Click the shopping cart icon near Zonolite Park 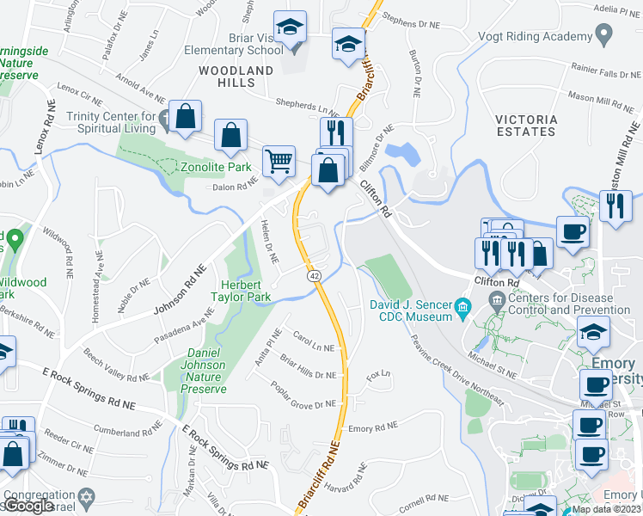[x=279, y=160]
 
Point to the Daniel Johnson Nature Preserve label [x=194, y=365]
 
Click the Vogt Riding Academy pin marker [x=603, y=36]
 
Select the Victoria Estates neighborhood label [x=526, y=126]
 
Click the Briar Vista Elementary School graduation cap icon [x=290, y=28]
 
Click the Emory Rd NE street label [x=373, y=427]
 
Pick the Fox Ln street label [x=378, y=375]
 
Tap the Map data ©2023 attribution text [x=605, y=509]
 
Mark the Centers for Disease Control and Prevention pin [x=496, y=301]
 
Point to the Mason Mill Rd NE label [x=601, y=101]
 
